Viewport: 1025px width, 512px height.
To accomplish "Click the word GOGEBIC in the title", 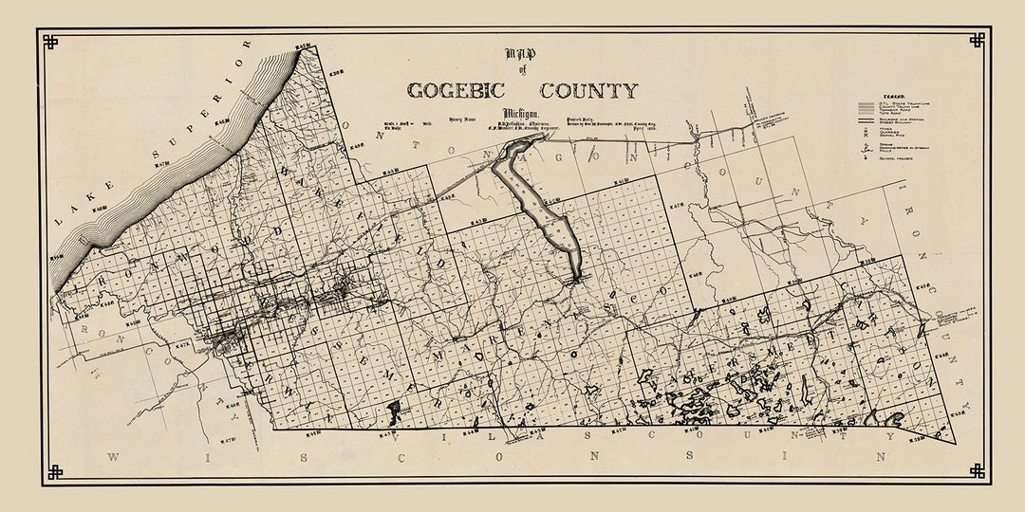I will click(460, 91).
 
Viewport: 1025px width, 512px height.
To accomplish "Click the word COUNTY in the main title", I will click(588, 91).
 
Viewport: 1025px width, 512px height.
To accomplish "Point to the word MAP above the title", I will click(521, 54).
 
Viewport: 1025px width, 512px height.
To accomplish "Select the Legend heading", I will click(892, 97).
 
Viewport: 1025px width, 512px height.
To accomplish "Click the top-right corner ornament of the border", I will click(977, 40).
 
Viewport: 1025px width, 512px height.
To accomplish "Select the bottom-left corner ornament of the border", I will click(53, 471).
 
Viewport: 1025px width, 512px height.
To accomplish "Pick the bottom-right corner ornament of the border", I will click(977, 471).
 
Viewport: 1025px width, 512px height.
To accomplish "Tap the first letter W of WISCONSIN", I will click(113, 457).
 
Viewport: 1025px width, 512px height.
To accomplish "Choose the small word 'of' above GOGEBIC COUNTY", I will click(521, 71).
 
